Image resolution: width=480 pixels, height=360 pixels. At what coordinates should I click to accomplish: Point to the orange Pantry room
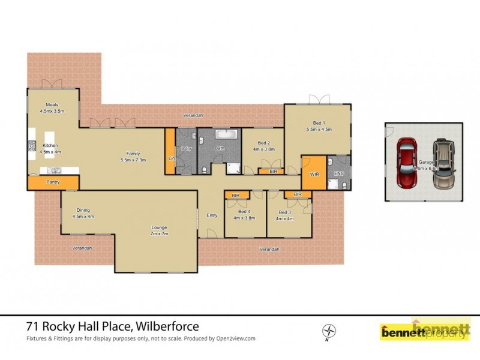coord(53,182)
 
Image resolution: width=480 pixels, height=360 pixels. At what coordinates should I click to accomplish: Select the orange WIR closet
coord(314,173)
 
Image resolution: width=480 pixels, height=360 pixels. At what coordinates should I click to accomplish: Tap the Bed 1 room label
coord(319,122)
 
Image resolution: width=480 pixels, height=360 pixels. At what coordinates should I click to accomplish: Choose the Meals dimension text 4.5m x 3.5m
coord(52,112)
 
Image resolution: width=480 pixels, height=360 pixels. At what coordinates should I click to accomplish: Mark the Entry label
coord(212,215)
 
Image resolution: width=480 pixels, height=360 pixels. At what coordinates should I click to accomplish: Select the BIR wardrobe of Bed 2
coord(273,172)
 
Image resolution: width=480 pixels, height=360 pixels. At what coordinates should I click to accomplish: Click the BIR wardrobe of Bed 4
coord(236,195)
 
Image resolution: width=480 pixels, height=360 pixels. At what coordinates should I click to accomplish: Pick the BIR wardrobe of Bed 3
coord(297,194)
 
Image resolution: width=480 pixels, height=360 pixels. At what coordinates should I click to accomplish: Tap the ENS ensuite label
coord(338,173)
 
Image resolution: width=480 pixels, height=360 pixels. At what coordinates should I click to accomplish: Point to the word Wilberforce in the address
coord(169,326)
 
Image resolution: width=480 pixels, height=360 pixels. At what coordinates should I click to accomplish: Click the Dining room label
coord(83,210)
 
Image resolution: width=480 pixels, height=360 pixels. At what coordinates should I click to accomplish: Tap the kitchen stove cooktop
coord(31,146)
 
